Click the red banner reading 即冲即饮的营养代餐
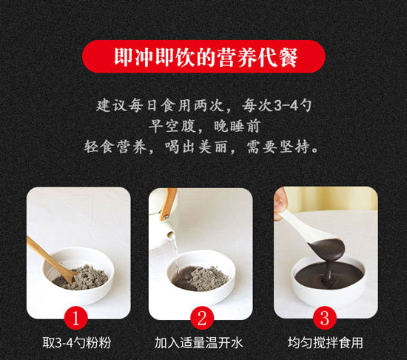(203, 56)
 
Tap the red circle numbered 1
(75, 318)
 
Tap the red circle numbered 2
(202, 318)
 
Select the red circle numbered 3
(325, 318)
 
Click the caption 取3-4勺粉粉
(77, 343)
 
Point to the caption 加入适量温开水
(198, 343)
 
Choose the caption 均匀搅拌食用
(326, 343)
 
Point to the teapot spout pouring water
(171, 234)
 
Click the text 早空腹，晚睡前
(204, 127)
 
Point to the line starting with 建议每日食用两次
(203, 105)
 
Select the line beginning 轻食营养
(201, 147)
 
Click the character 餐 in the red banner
(286, 57)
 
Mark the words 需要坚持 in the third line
(278, 147)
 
